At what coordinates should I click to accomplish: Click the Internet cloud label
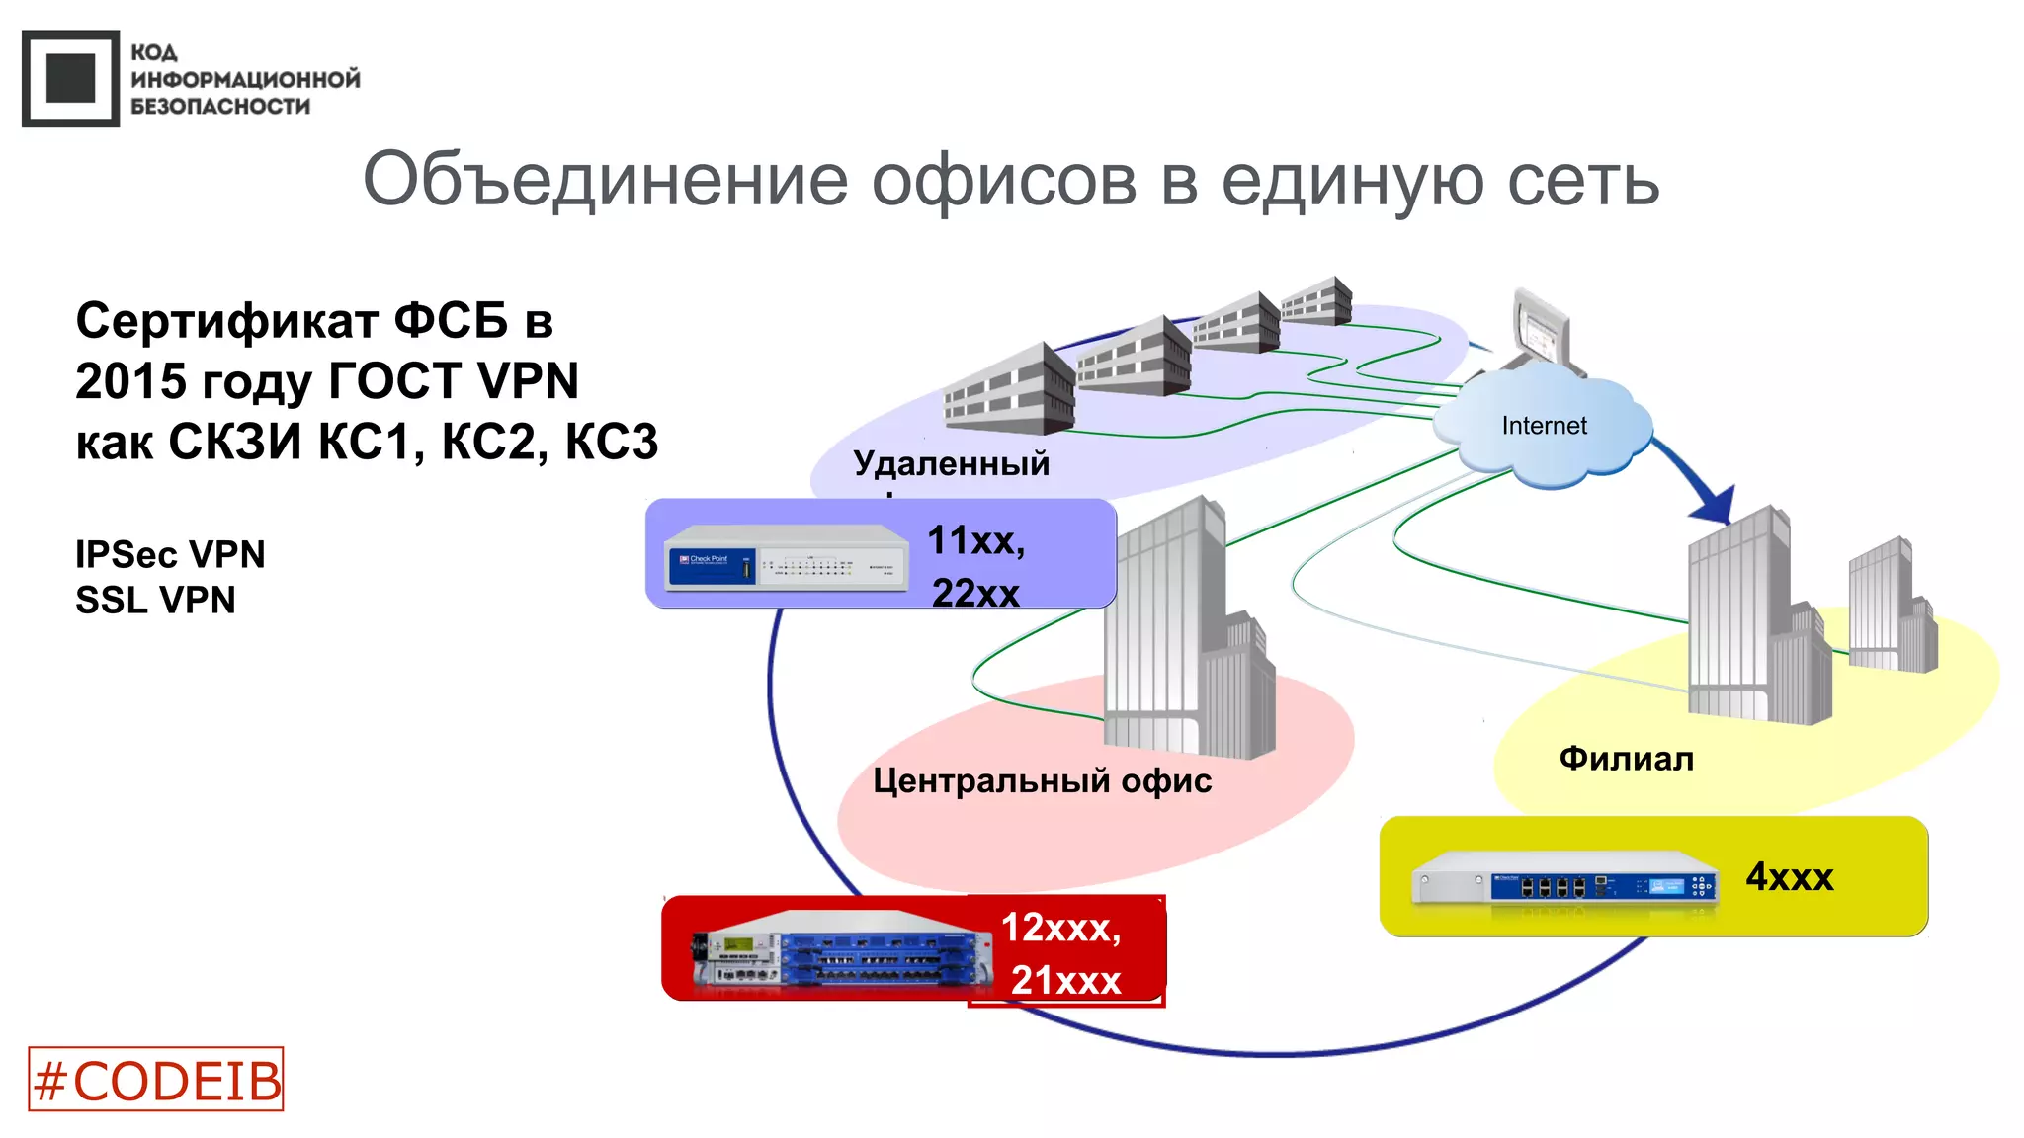1544,426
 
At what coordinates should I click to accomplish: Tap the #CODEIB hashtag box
156,1080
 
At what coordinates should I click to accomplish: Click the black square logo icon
70,79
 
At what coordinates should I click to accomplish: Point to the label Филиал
1626,759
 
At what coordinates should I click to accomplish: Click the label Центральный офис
1042,781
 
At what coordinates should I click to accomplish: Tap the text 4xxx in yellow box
1789,877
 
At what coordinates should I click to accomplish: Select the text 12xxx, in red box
1060,928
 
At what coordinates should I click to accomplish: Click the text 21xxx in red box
1065,981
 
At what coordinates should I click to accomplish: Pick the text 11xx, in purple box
975,541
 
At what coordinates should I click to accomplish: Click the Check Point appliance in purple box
786,559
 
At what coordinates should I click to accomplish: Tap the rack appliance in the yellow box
1564,878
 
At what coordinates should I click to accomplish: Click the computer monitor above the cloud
1543,330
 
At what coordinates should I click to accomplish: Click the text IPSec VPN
170,555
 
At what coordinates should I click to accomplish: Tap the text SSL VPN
155,601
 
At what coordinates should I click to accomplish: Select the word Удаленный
951,463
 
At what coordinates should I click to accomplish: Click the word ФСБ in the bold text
451,321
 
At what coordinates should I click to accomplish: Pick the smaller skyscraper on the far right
1891,608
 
